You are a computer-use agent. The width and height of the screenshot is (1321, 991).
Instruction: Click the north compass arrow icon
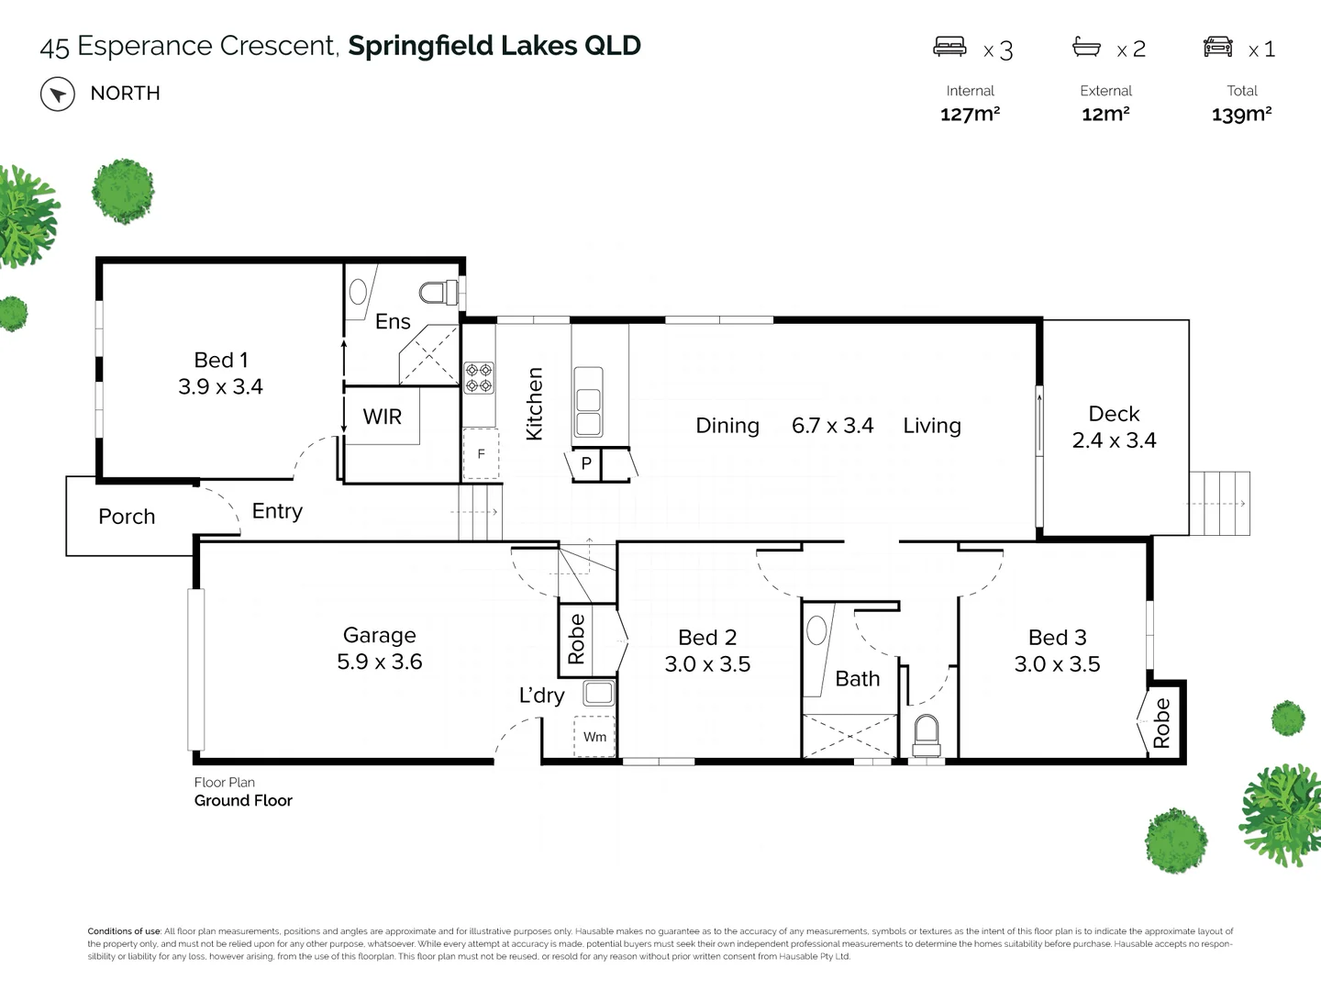(58, 95)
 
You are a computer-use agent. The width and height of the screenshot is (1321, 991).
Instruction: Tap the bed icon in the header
(949, 47)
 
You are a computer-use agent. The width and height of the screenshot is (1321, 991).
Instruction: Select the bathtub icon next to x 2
(1086, 47)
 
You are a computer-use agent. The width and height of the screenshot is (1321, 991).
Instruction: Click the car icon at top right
(1218, 47)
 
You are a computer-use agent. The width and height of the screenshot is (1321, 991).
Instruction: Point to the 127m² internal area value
(970, 115)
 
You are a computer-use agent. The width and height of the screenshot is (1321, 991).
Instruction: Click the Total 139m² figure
(1241, 115)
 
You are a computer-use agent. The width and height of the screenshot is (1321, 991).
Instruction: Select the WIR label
(383, 418)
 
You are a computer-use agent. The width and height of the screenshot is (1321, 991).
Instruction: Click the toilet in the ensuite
(438, 293)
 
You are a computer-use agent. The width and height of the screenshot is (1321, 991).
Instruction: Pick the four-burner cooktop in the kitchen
(478, 378)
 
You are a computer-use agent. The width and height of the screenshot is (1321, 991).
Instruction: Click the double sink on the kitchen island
(587, 402)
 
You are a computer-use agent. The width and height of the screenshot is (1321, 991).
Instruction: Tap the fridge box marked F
(481, 454)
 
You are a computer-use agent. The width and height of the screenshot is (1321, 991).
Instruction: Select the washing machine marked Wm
(594, 737)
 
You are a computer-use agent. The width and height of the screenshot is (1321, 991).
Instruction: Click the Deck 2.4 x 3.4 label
(1114, 428)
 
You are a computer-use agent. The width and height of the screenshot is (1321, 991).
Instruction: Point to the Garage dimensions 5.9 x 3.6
(379, 663)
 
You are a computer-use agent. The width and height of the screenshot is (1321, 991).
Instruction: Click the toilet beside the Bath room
(927, 735)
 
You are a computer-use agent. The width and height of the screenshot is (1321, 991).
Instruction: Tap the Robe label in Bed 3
(1162, 723)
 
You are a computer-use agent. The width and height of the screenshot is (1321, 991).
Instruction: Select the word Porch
(127, 518)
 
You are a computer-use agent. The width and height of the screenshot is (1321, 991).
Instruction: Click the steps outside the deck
(1220, 503)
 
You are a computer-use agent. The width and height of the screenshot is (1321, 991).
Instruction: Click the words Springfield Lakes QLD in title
(494, 46)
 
